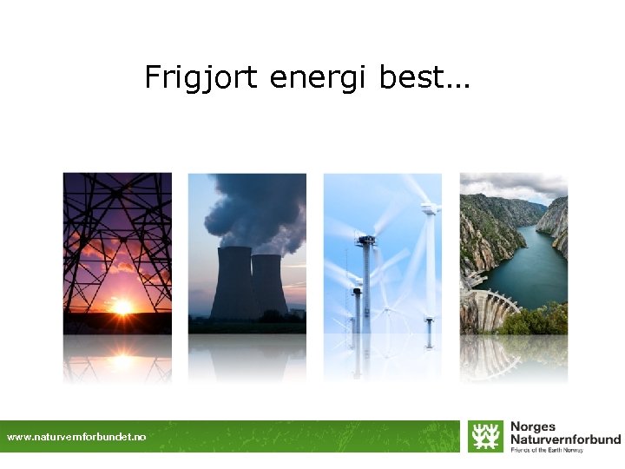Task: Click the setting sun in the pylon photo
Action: tap(122, 306)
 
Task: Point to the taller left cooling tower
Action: tap(232, 282)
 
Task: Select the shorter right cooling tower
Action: tap(269, 285)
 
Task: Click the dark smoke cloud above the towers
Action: tap(256, 208)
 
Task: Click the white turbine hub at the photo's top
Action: tap(428, 208)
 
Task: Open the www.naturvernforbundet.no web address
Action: tap(76, 437)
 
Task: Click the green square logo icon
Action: tap(485, 436)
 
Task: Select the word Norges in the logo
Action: tap(533, 427)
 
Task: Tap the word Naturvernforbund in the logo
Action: tap(565, 439)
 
